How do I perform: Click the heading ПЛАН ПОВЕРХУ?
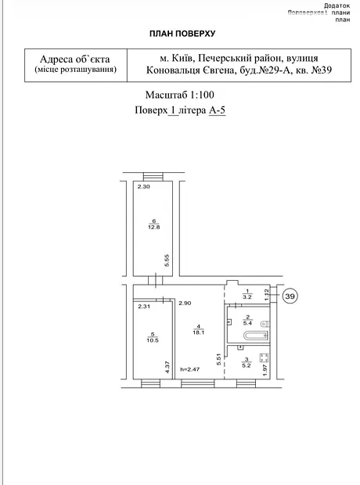pos(182,34)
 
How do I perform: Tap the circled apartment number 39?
pos(290,296)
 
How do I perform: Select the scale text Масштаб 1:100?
pos(179,95)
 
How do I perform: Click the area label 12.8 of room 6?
pos(154,227)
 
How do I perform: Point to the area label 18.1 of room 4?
pos(198,332)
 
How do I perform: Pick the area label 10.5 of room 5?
pos(153,340)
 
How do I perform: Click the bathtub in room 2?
pos(255,336)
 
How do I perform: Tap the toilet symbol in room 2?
pos(265,324)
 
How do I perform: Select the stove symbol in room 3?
pos(264,358)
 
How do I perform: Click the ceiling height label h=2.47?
pos(189,369)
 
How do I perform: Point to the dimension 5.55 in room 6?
pos(167,260)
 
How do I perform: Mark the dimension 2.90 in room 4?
pos(185,304)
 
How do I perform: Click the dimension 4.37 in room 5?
pos(167,367)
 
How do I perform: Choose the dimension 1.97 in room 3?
pos(265,370)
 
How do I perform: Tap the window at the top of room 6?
pos(153,176)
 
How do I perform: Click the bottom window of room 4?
pos(198,384)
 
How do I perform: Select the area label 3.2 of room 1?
pos(247,297)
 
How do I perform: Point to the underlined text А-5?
pos(217,110)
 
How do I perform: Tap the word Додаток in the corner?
pos(337,6)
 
